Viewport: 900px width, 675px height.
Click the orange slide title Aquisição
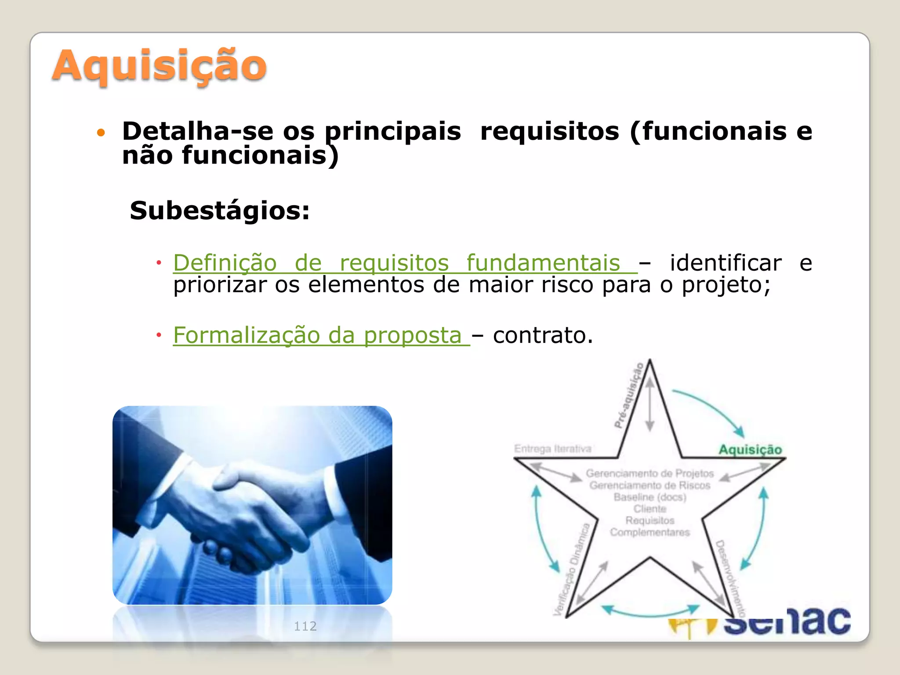(x=159, y=66)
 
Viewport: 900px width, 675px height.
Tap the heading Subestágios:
(x=220, y=210)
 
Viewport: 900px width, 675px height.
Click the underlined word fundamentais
(x=543, y=263)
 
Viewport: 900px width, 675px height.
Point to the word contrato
(x=543, y=335)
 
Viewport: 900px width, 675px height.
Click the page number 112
(x=305, y=626)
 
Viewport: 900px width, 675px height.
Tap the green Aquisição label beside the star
(x=750, y=449)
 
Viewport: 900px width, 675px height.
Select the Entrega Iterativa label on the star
(x=552, y=449)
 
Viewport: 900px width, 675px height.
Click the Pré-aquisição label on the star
(x=629, y=395)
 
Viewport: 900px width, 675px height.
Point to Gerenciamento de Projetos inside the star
(x=650, y=473)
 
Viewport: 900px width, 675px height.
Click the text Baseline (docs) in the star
(x=650, y=497)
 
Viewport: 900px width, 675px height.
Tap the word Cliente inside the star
(x=650, y=509)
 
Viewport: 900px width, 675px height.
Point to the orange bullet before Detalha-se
(x=101, y=132)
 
